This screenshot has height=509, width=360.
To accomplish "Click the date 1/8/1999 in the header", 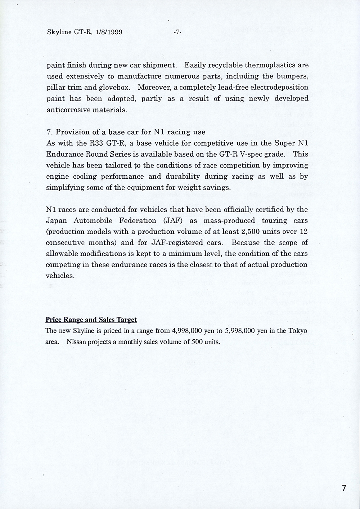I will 109,32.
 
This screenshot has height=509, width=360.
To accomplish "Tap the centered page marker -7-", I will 177,32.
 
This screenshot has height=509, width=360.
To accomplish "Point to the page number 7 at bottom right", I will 344,488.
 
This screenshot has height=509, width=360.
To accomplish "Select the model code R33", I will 98,143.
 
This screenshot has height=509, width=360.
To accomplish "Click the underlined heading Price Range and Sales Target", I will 91,320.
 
